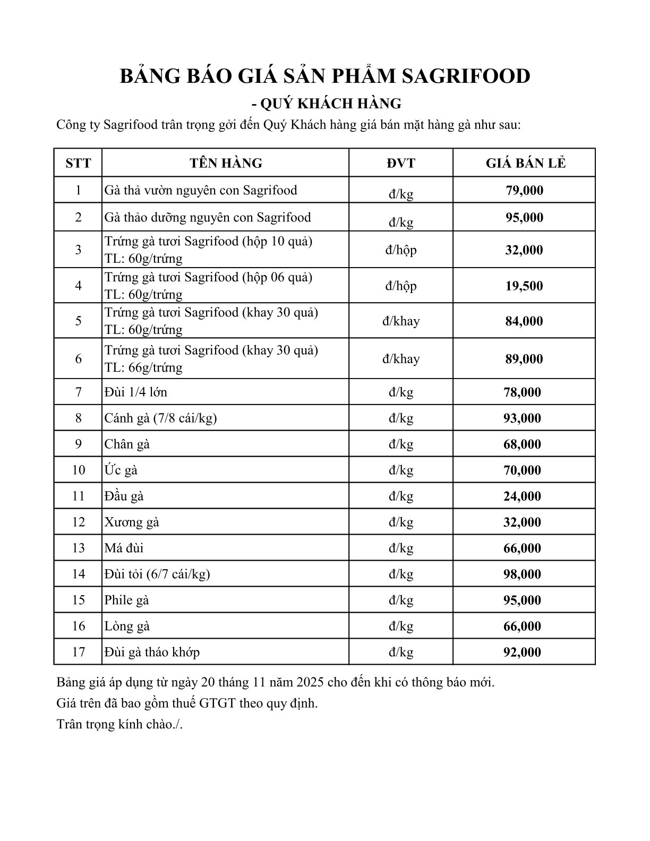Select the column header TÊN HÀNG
click(226, 163)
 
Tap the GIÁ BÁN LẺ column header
click(525, 163)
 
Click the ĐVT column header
click(401, 163)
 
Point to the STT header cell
click(78, 163)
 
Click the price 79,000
click(524, 190)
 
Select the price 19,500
click(524, 286)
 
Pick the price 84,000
click(524, 321)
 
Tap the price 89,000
click(524, 359)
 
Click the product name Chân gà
click(127, 444)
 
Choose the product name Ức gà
click(121, 470)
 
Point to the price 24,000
click(522, 496)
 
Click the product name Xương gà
click(132, 522)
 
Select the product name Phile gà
click(127, 600)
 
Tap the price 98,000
click(522, 574)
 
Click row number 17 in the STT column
click(78, 652)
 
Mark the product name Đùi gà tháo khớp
click(152, 652)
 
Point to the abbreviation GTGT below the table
click(218, 704)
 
